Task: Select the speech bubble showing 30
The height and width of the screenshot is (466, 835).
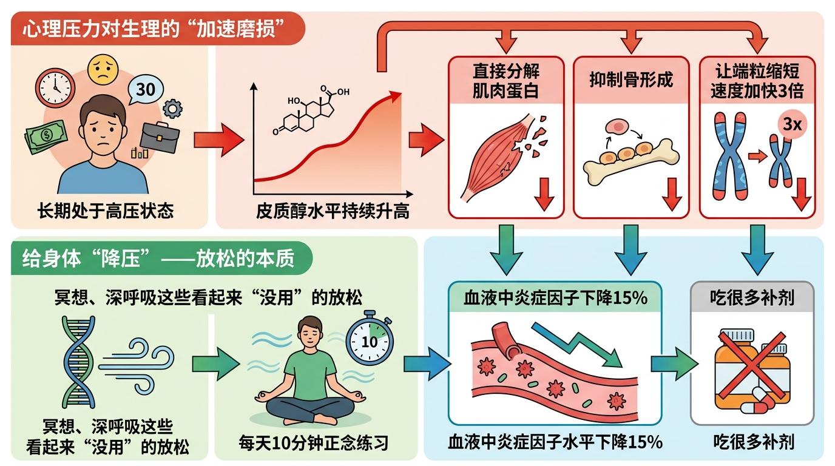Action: coord(146,89)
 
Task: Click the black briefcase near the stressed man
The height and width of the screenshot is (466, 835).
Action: coord(159,136)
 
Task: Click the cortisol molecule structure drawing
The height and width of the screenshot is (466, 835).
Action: coord(310,112)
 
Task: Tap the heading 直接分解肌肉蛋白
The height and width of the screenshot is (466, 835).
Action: coord(505,81)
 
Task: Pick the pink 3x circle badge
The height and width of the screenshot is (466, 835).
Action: coord(791,126)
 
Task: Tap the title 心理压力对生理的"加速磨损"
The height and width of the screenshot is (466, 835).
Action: coord(157,29)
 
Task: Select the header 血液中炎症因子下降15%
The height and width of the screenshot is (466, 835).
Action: coord(555,298)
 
